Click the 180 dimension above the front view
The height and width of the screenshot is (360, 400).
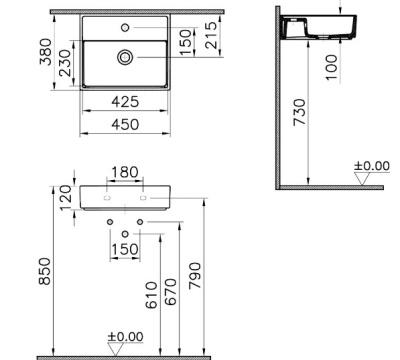click(125, 174)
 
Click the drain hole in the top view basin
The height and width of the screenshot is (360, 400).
click(124, 58)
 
